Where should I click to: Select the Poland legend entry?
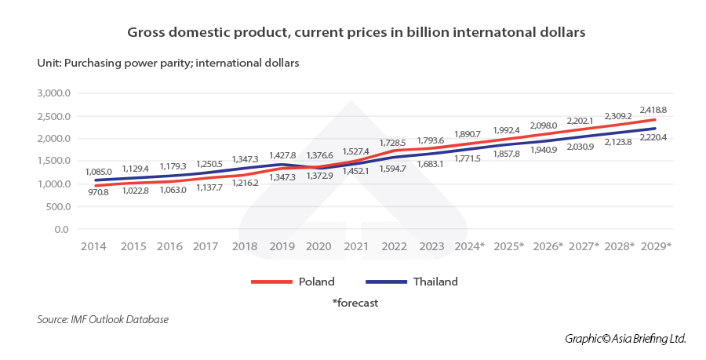316,282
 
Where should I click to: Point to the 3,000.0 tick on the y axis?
54,93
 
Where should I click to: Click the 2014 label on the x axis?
94,245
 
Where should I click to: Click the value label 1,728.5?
394,143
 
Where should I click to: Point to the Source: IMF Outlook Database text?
103,319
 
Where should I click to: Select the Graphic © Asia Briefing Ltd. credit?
625,338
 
